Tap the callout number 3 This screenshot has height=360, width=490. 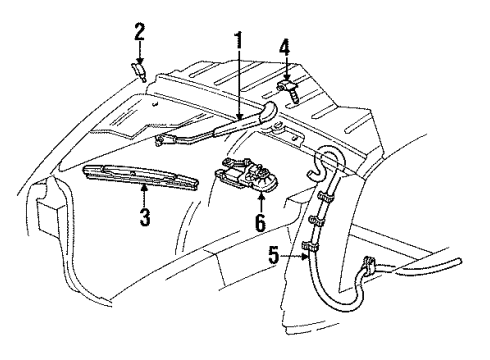coord(145,215)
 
